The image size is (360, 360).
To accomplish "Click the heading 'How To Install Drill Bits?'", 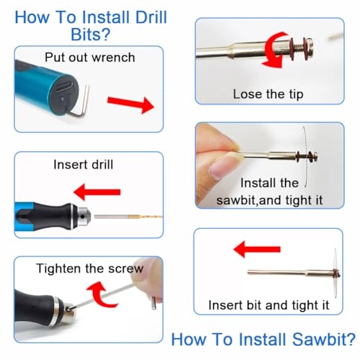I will tap(90, 25).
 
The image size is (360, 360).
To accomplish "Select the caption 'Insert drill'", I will tap(83, 164).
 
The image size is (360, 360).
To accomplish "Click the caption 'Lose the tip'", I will tap(267, 94).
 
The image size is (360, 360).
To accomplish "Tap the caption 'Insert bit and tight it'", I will tap(266, 305).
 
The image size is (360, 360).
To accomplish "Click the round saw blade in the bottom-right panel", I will tap(316, 273).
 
